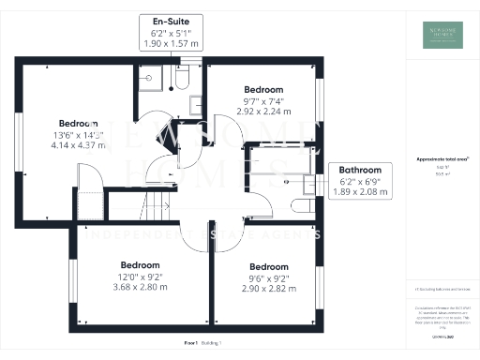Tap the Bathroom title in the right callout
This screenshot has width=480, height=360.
coord(360,170)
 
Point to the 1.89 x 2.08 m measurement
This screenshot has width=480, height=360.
coord(360,192)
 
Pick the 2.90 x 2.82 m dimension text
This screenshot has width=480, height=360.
coord(269,288)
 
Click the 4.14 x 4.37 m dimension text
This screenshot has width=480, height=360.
coord(78,146)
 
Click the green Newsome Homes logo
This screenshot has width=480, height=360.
coord(442,34)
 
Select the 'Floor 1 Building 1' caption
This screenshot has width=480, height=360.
coord(203,344)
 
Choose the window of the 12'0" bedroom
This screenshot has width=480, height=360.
coord(71,280)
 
